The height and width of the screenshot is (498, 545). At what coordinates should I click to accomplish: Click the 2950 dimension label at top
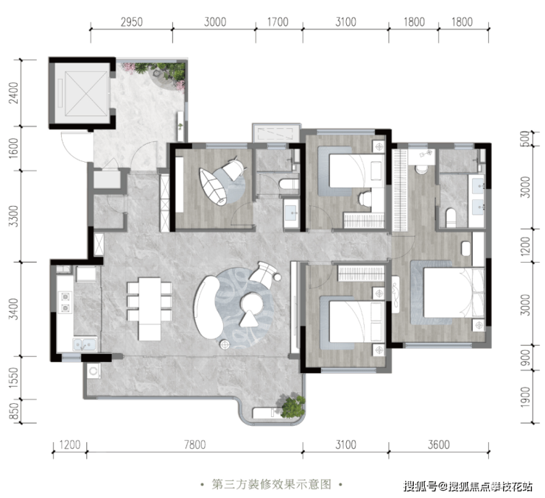click(x=132, y=22)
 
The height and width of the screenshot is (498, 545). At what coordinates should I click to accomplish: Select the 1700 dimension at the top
click(x=278, y=22)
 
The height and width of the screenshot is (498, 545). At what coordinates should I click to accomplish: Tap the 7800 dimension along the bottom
click(x=194, y=444)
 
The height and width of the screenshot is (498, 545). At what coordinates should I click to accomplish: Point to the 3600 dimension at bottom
click(x=439, y=444)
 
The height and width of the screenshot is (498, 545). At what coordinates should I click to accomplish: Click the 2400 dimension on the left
click(x=14, y=93)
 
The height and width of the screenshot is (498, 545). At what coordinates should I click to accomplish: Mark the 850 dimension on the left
click(x=14, y=411)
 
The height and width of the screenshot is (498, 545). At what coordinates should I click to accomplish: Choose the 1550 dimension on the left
click(x=14, y=377)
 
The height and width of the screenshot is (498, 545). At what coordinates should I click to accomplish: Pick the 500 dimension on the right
click(x=526, y=138)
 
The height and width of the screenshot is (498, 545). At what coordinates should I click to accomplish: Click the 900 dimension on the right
click(x=526, y=358)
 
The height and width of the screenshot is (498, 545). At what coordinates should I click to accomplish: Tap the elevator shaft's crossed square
click(x=86, y=93)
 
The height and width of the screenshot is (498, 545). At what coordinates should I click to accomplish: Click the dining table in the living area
click(x=150, y=308)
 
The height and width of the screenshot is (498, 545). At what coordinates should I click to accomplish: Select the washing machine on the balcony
click(x=94, y=371)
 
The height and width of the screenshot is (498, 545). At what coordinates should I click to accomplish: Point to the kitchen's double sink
click(x=85, y=344)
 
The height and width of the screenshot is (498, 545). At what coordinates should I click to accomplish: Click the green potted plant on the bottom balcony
click(x=292, y=405)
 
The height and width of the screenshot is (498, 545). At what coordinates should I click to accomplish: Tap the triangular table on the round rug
click(x=249, y=319)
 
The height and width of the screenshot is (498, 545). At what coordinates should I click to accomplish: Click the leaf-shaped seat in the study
click(x=212, y=186)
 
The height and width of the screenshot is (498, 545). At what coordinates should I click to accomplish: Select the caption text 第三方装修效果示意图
click(x=272, y=484)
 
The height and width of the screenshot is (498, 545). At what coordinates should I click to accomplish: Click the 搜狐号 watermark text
click(x=420, y=486)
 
